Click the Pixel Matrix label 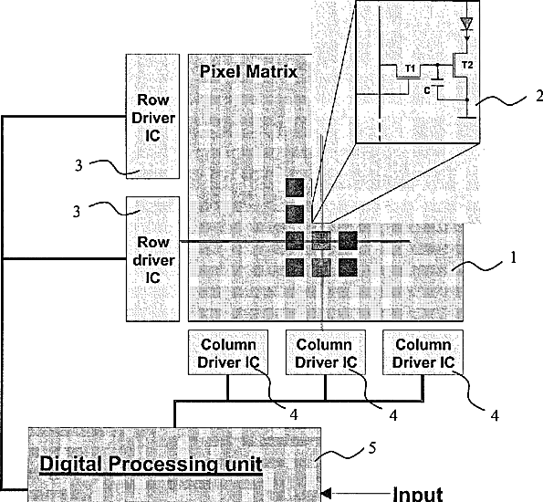click(248, 72)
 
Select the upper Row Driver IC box click(152, 117)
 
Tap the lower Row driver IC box click(152, 259)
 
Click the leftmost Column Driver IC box click(228, 352)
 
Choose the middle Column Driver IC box click(326, 352)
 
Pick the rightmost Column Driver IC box click(423, 352)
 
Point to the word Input click(418, 494)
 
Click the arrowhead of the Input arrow click(326, 493)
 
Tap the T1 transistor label click(411, 68)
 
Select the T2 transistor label click(467, 65)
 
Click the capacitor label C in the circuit click(427, 90)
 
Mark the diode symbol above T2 click(467, 24)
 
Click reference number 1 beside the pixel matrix click(513, 257)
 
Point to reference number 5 click(372, 448)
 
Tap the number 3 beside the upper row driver click(79, 165)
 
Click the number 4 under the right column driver click(496, 415)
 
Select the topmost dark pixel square click(295, 187)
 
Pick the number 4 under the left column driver click(294, 414)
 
